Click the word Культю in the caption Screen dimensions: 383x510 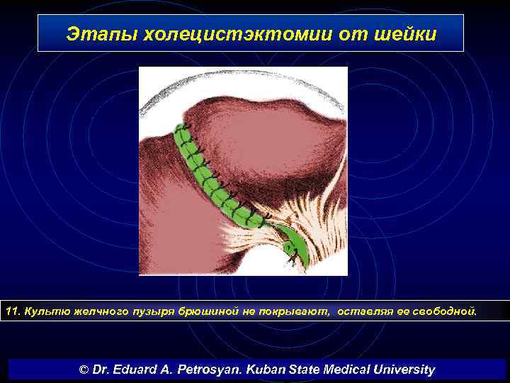point(44,311)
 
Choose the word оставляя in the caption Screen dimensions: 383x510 point(363,311)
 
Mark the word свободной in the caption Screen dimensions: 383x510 point(448,311)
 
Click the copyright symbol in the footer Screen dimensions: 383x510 point(84,370)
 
